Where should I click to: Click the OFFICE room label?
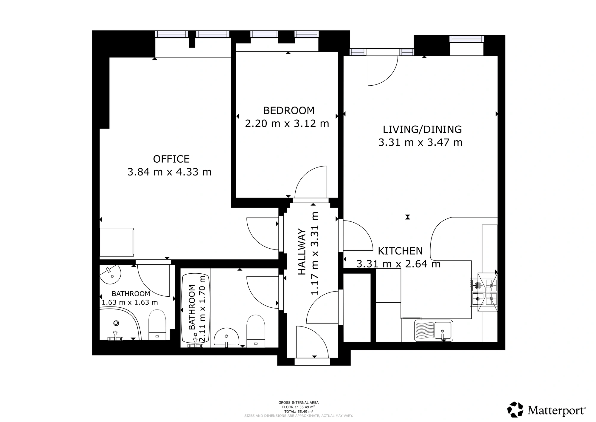tap(171, 159)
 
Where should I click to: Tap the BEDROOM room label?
tap(289, 111)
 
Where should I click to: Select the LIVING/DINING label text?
tap(422, 130)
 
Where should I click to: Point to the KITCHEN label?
tap(400, 251)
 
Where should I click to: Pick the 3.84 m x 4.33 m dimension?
tap(170, 172)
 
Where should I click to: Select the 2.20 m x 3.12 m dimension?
tap(287, 124)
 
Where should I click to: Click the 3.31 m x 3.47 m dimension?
tap(420, 142)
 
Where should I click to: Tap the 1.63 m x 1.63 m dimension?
tap(130, 302)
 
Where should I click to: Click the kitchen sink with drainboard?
tap(434, 330)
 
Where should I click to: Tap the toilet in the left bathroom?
tap(157, 325)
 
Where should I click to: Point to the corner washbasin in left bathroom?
tap(110, 274)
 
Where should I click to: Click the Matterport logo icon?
tap(515, 409)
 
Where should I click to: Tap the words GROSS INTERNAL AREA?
tap(299, 403)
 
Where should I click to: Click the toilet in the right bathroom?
tap(256, 331)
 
